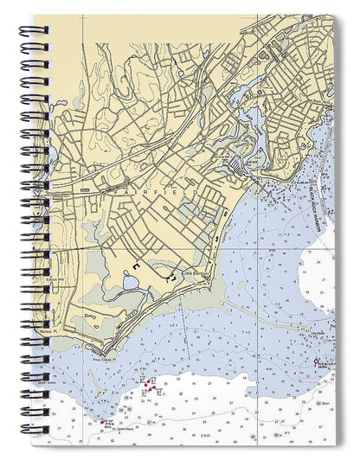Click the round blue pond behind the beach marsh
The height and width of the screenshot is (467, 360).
130,281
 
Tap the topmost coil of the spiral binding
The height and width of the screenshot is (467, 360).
32,30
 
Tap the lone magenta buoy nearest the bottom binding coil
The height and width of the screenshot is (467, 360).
104,423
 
